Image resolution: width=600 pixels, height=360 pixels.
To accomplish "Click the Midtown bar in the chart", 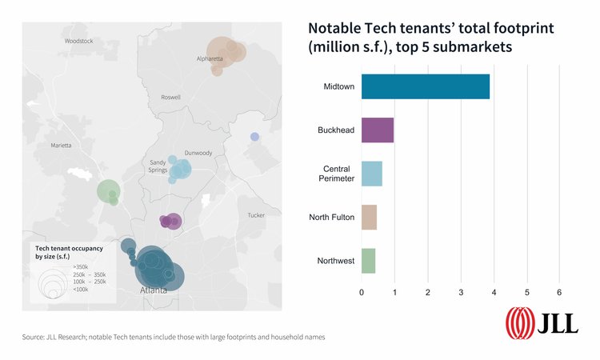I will point(425,86).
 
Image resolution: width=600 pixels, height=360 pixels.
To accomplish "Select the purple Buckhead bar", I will point(377,130).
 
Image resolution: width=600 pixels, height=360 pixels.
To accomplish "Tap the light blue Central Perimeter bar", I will point(371,174).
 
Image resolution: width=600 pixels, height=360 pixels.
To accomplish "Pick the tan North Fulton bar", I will point(369,218).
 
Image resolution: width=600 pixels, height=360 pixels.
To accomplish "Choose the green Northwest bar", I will point(368,261).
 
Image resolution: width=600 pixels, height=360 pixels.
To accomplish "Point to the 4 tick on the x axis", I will point(494,291).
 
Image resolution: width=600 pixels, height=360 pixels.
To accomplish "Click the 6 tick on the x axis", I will point(560,291).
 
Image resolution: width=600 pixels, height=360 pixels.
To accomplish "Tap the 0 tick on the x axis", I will point(362,291).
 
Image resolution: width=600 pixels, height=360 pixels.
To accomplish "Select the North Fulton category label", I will point(331,218).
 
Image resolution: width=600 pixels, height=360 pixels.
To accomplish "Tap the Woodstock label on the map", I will point(78,40).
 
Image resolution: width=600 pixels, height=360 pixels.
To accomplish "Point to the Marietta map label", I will point(61,146).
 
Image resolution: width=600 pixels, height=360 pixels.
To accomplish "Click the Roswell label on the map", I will point(171,98).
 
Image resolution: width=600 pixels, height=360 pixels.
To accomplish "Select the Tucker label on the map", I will point(255,215).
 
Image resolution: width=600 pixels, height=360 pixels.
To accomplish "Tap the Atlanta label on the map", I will point(154,290).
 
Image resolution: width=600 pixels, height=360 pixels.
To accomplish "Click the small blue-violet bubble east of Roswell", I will point(254,137).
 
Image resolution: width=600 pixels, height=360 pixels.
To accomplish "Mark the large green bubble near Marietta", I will point(107,191).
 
